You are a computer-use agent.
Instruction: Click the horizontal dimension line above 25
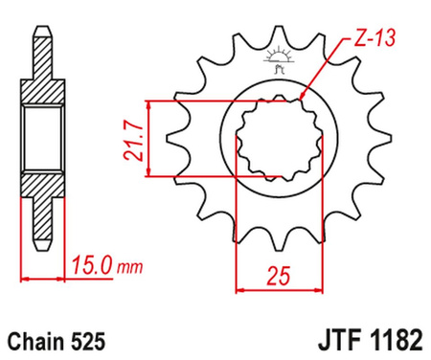tap(279, 288)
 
